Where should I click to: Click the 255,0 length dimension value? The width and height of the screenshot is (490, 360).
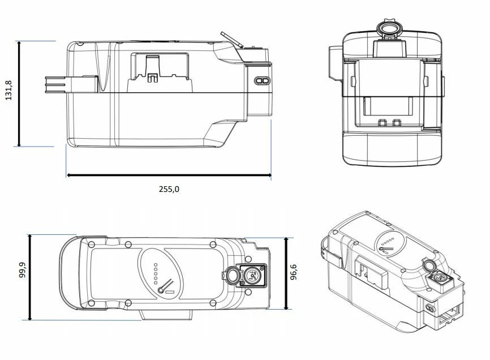point(169,190)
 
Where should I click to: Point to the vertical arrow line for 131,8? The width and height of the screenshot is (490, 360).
point(20,93)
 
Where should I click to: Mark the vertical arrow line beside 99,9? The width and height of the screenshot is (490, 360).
point(30,277)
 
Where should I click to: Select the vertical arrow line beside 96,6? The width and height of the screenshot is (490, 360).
point(287,273)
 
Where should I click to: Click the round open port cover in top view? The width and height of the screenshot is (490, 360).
point(231,276)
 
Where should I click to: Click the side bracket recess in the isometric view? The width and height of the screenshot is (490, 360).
point(369,274)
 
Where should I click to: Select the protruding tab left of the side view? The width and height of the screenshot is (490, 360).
point(56,83)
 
